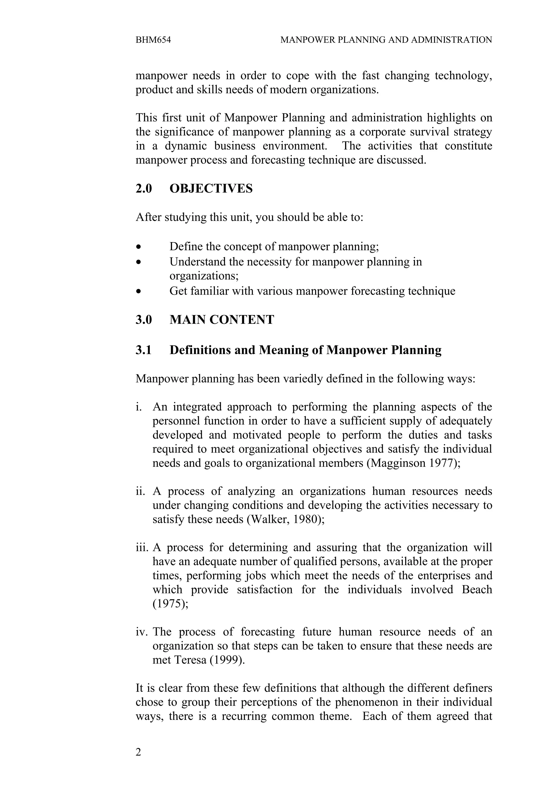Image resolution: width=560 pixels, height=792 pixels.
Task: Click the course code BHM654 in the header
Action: (x=153, y=40)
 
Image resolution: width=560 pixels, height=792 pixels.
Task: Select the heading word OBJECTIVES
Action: (x=211, y=189)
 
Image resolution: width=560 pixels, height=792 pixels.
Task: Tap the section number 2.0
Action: (x=144, y=189)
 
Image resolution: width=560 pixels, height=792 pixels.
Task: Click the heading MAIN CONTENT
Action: (x=221, y=320)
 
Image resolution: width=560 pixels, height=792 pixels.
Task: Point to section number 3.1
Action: (x=144, y=350)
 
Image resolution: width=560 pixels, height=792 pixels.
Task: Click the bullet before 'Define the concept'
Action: (x=138, y=247)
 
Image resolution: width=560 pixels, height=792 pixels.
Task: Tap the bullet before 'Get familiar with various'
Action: (x=138, y=292)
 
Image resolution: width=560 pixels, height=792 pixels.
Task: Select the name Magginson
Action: (x=398, y=463)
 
